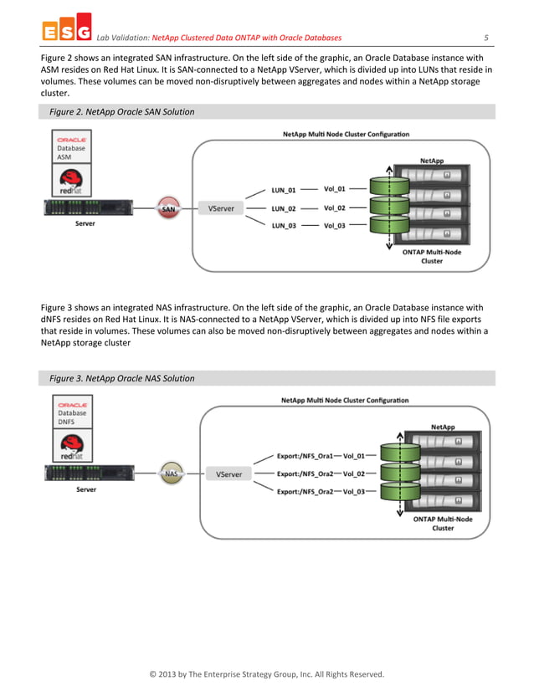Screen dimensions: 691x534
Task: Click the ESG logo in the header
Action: click(x=65, y=31)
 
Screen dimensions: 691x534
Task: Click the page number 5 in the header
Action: click(x=485, y=38)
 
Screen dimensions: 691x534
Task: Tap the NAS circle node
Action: click(x=172, y=473)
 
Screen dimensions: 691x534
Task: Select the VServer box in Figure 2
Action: click(x=221, y=208)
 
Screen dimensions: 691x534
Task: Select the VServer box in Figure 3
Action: click(x=228, y=474)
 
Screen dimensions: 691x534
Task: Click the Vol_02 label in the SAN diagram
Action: click(x=335, y=207)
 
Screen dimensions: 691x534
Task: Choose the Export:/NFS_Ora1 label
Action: click(x=306, y=457)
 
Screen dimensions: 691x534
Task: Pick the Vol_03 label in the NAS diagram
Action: click(x=353, y=492)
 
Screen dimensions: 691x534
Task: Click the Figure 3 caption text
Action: click(x=121, y=378)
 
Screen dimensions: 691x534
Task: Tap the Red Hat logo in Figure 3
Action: click(x=72, y=446)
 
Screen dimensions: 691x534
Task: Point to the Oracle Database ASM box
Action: click(x=72, y=147)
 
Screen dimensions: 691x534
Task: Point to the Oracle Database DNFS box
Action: click(x=72, y=412)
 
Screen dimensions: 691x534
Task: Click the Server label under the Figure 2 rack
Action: click(x=85, y=224)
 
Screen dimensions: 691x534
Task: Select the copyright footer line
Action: click(x=266, y=673)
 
